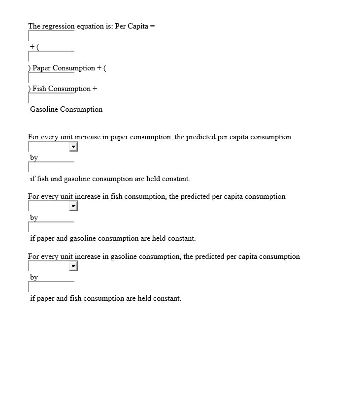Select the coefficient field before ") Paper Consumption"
[51, 57]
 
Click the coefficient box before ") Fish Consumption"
[51, 78]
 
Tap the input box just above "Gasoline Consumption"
[51, 98]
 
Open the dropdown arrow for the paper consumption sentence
[73, 147]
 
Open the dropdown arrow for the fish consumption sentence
[73, 206]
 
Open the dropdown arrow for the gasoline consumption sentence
[73, 266]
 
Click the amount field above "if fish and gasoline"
[51, 167]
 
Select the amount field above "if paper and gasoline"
[51, 227]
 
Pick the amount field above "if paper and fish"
[51, 287]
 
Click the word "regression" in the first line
[58, 26]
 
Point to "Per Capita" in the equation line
[132, 26]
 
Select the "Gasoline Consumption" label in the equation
[66, 109]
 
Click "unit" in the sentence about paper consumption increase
[66, 137]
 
